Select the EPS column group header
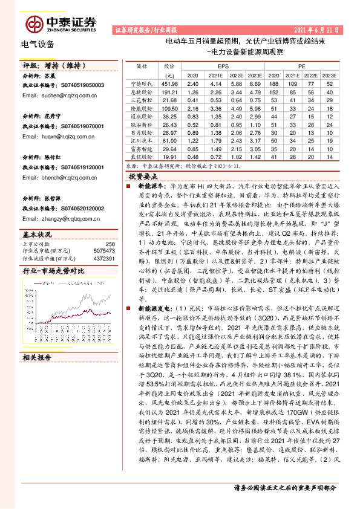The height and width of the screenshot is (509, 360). (223, 65)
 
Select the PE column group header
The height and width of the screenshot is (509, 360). (302, 65)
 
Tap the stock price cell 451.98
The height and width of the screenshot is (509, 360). (169, 83)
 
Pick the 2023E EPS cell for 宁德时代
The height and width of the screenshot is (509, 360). (255, 83)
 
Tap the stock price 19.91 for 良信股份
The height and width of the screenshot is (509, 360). (169, 156)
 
